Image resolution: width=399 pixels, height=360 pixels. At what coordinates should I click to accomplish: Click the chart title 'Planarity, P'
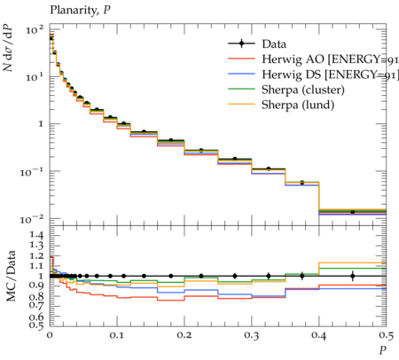[x=80, y=11]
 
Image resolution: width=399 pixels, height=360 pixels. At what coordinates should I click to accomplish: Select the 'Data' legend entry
[x=274, y=44]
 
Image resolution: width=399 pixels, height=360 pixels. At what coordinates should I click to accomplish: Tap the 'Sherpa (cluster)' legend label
[x=303, y=90]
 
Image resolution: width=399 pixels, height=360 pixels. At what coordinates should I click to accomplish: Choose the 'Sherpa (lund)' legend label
[x=298, y=105]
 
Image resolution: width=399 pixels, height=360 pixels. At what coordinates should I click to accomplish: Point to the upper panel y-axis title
[x=8, y=47]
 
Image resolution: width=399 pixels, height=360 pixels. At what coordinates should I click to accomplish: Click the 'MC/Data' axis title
[x=11, y=276]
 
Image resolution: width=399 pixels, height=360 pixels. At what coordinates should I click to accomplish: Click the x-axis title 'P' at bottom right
[x=383, y=350]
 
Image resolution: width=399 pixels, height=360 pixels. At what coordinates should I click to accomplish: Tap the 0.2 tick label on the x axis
[x=184, y=335]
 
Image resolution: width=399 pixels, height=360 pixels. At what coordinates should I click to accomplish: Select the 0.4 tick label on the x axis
[x=319, y=335]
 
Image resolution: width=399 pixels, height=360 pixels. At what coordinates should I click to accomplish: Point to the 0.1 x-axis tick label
[x=117, y=335]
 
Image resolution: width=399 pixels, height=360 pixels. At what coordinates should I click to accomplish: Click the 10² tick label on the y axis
[x=35, y=29]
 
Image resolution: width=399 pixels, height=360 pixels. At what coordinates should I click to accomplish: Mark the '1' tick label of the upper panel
[x=41, y=123]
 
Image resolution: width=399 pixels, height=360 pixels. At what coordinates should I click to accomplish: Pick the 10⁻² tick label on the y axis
[x=32, y=219]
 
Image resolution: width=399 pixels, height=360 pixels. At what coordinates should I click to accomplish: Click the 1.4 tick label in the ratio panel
[x=36, y=235]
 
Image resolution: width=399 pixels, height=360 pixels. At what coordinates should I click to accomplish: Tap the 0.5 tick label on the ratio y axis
[x=36, y=325]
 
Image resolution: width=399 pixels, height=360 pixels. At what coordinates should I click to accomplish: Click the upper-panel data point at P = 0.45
[x=352, y=212]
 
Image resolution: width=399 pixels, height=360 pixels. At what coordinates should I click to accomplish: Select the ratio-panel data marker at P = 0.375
[x=301, y=276]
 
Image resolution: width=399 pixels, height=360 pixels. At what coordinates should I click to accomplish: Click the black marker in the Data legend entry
[x=241, y=43]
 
